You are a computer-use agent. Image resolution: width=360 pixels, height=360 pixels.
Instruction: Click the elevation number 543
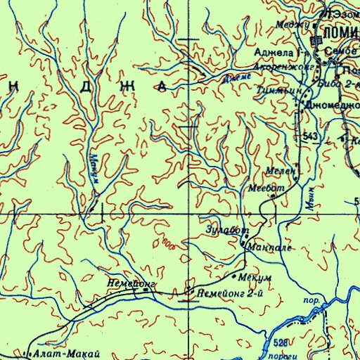pyautogui.click(x=311, y=134)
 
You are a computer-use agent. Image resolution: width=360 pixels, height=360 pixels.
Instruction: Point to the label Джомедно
pyautogui.click(x=332, y=105)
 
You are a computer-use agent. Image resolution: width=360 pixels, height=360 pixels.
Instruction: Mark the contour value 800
pyautogui.click(x=168, y=243)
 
